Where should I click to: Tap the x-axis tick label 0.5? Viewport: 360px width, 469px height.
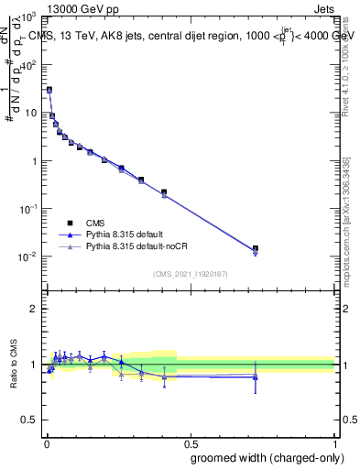pyautogui.click(x=190, y=442)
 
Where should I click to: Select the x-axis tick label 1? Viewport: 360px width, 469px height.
pyautogui.click(x=334, y=442)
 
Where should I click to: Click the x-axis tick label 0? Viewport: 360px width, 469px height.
pyautogui.click(x=46, y=442)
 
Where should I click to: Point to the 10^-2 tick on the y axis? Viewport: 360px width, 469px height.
pyautogui.click(x=29, y=256)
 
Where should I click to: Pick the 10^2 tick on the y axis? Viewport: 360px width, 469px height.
pyautogui.click(x=30, y=65)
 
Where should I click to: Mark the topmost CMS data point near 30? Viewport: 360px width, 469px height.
pyautogui.click(x=49, y=90)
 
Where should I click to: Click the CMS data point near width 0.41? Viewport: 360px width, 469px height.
pyautogui.click(x=164, y=192)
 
